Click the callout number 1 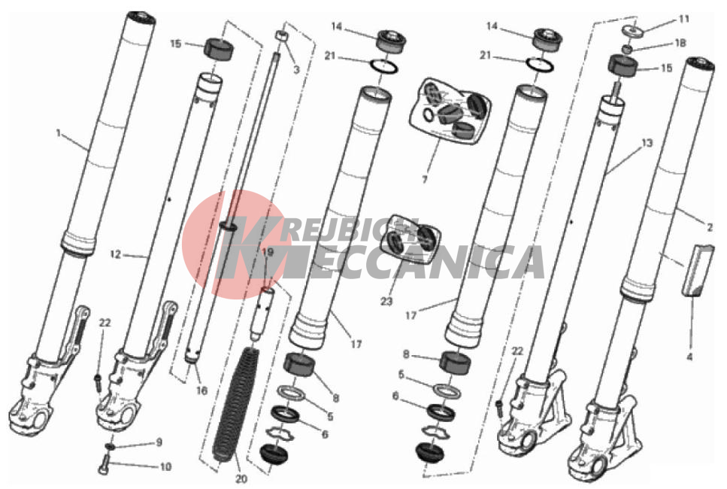coord(59,133)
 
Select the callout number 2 coord(710,228)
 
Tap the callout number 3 coord(296,70)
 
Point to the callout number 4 coord(689,357)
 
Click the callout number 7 coord(424,180)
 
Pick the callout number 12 coord(116,254)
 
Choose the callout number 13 coord(647,144)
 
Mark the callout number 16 coord(201,390)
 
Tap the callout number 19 coord(268,252)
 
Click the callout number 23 coord(386,301)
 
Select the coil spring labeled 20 coord(234,404)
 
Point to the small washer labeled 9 coord(111,446)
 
